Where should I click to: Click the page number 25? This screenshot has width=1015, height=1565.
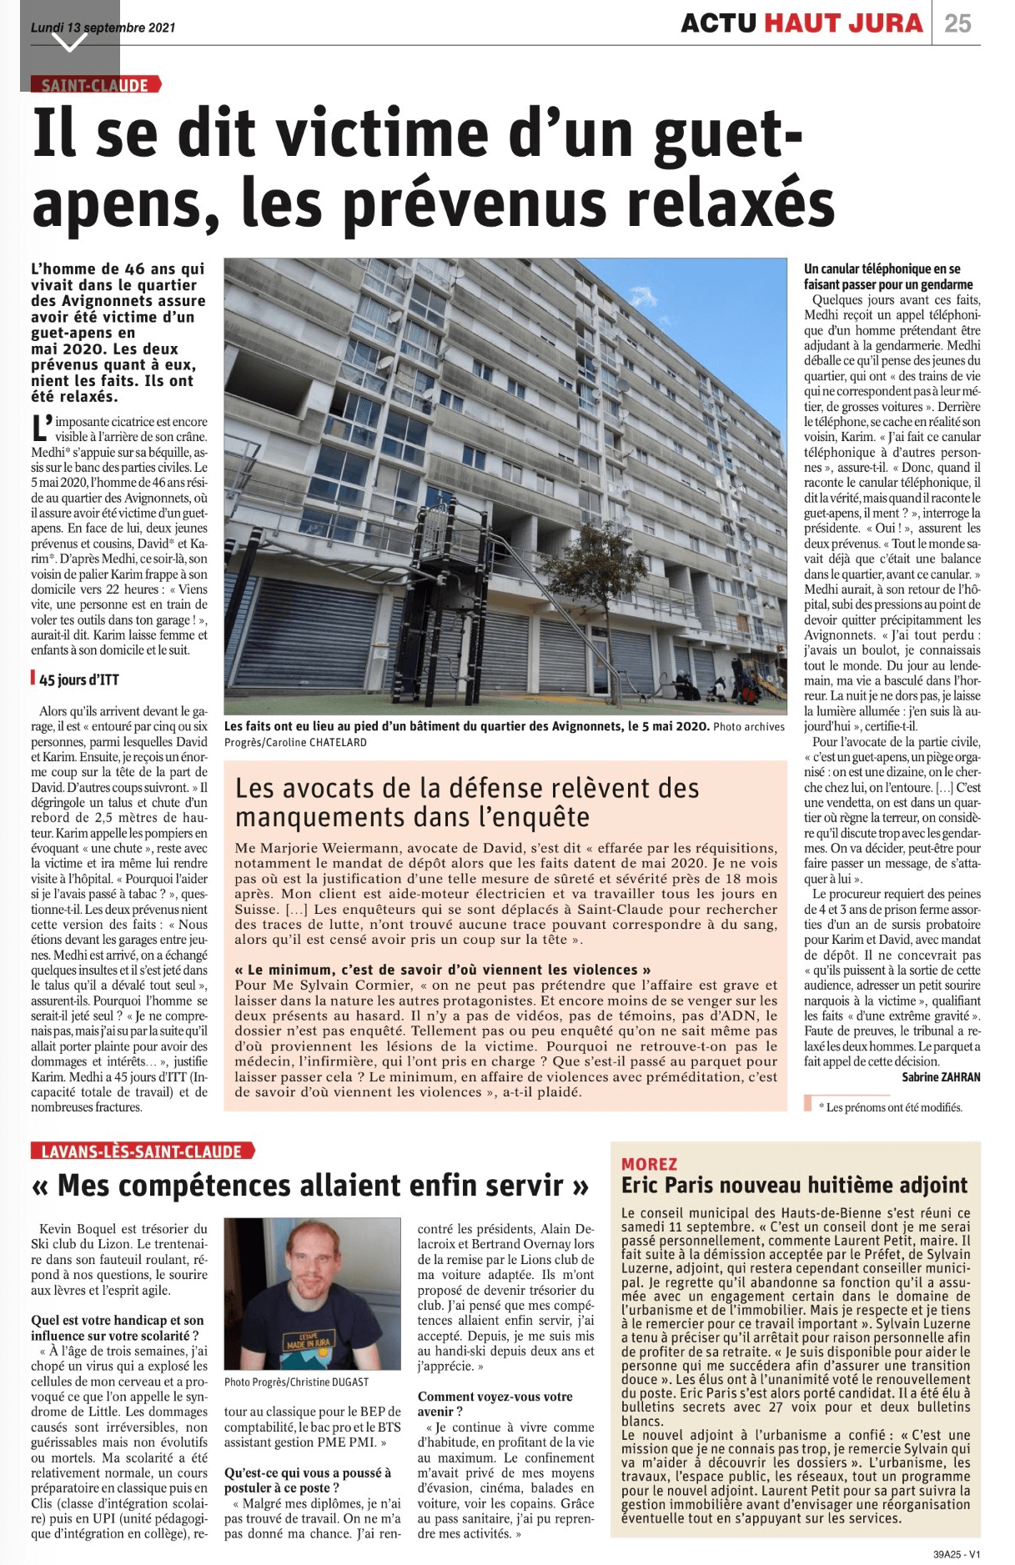tap(957, 23)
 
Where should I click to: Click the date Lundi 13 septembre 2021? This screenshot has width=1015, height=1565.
tap(103, 27)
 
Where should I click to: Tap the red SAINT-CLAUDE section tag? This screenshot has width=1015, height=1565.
tap(95, 85)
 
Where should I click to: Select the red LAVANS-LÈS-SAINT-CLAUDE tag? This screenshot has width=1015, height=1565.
tap(142, 1151)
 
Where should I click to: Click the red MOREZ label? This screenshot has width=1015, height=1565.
tap(649, 1164)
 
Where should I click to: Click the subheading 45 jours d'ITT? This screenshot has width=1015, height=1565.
tap(78, 680)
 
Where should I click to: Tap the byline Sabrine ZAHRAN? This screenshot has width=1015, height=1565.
tap(941, 1077)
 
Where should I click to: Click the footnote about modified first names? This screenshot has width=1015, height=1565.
tap(890, 1107)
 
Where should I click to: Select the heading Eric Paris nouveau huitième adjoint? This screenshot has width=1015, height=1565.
tap(794, 1186)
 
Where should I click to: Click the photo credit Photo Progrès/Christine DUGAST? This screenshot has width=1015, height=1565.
tap(296, 1382)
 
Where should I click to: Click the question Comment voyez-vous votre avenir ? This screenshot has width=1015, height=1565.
tap(495, 1403)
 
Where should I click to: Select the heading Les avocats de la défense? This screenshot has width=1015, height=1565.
tap(467, 802)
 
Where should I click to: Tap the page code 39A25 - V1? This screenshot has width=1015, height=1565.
tap(957, 1554)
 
